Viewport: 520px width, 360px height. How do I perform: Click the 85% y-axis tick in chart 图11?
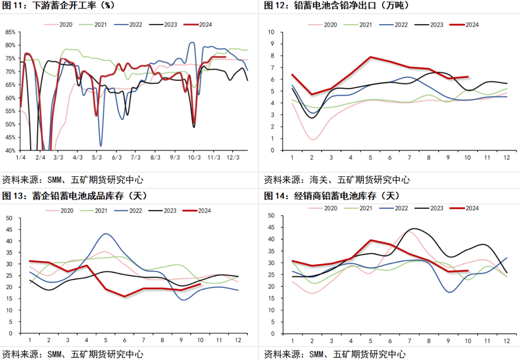point(10,32)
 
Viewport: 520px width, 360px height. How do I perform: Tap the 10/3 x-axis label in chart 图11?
point(194,157)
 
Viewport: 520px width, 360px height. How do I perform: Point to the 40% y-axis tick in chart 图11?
point(10,150)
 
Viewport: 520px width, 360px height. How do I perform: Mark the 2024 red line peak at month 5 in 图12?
point(370,57)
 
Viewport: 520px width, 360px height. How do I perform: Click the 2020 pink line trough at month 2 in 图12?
point(312,140)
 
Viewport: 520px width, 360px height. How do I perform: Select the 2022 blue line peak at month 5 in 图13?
point(106,234)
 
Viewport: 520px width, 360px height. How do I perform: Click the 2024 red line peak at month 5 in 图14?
point(370,240)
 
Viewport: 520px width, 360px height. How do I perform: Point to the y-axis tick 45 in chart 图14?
point(271,227)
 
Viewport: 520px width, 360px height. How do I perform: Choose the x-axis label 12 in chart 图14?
point(507,341)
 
